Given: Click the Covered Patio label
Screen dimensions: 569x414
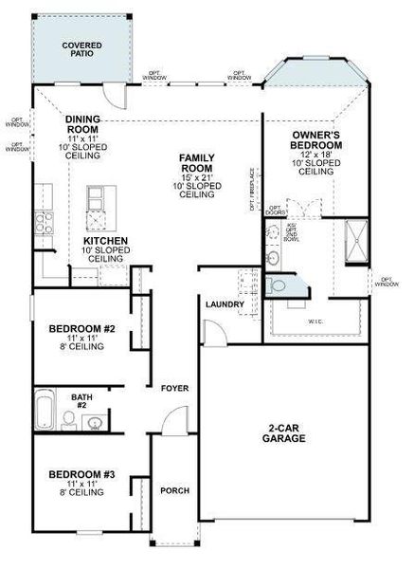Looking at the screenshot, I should click(81, 49).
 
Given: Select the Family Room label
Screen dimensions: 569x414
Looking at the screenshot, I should click(198, 173).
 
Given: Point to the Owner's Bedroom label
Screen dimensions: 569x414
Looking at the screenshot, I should click(316, 151).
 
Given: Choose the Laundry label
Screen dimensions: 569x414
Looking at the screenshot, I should click(225, 303).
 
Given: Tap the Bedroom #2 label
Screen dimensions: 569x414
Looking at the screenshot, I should click(81, 335).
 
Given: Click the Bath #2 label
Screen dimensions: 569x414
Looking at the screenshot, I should click(81, 400).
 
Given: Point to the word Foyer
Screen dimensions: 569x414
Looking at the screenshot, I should click(174, 389).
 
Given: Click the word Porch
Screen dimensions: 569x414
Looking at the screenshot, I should click(174, 490).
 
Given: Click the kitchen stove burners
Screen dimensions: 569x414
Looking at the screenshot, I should click(44, 223).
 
